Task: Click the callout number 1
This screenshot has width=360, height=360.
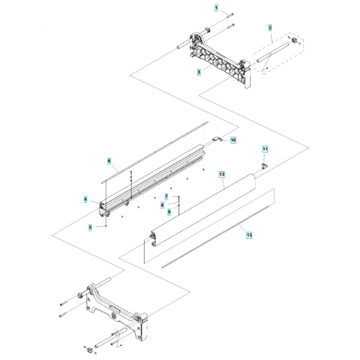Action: [x=217, y=8]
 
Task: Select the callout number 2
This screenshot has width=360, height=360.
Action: [x=270, y=28]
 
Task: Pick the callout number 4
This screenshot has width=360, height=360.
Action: [x=85, y=200]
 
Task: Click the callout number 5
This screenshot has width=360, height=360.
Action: [x=91, y=226]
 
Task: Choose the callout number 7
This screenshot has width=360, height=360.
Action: [x=166, y=196]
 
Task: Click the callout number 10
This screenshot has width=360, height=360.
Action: [x=233, y=139]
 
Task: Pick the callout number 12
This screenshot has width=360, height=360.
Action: [x=221, y=174]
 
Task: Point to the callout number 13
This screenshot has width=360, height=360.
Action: [x=249, y=235]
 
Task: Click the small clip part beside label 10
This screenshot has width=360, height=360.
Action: [x=217, y=141]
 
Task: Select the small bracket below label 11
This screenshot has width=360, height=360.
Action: [x=264, y=166]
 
